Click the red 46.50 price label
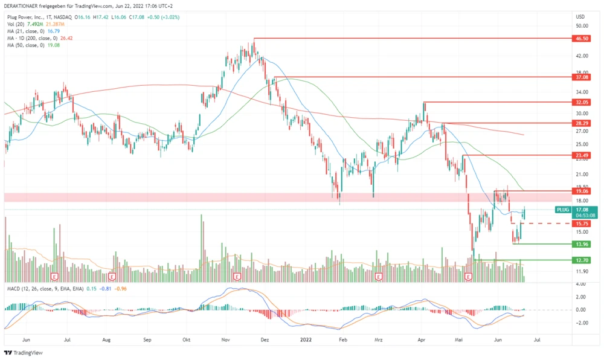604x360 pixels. [x=582, y=38]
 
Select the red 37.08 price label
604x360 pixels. [x=582, y=77]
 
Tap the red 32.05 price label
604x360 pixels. [x=582, y=103]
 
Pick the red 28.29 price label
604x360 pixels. [x=582, y=123]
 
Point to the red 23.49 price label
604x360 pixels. [x=582, y=155]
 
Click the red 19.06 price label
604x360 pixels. [x=582, y=191]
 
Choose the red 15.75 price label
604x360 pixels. [x=582, y=223]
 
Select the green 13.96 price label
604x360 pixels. [x=582, y=244]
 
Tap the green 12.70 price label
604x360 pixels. [x=582, y=260]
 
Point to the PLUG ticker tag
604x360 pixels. [x=562, y=210]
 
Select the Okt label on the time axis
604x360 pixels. [x=187, y=341]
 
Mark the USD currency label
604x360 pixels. [x=580, y=16]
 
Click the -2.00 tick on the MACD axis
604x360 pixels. [x=580, y=323]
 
